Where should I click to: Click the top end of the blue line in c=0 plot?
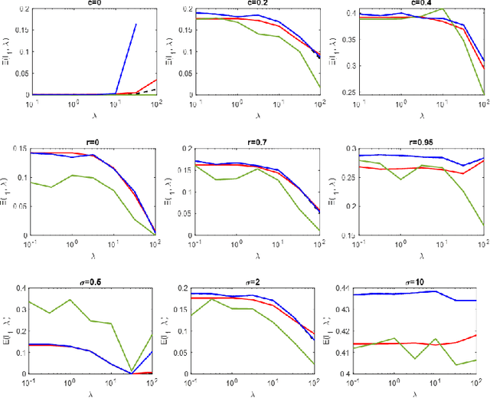pyautogui.click(x=136, y=24)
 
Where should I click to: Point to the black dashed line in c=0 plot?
pyautogui.click(x=150, y=90)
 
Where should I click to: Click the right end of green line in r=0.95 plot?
pyautogui.click(x=483, y=225)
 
